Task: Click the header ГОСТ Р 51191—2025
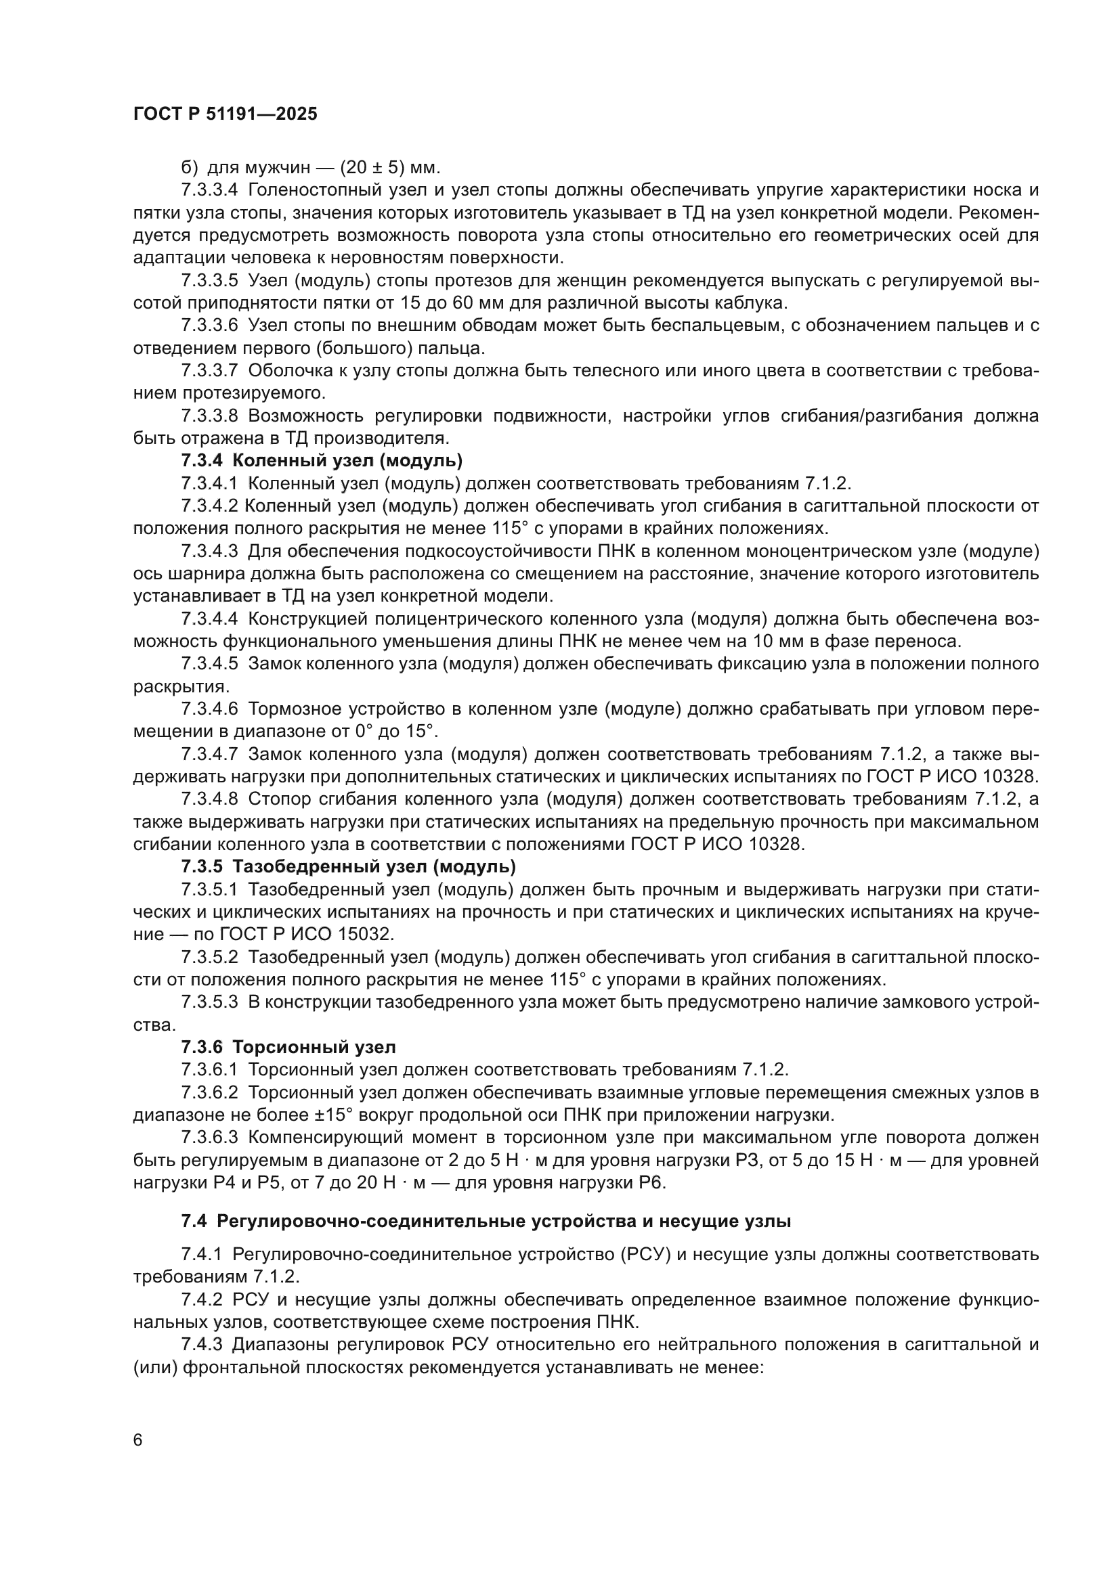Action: tap(225, 114)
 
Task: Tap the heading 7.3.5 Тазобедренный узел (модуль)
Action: tap(348, 866)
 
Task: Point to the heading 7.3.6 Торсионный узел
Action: tap(288, 1047)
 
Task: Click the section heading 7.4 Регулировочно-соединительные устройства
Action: tap(486, 1221)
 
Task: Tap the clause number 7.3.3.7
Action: tap(210, 371)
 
